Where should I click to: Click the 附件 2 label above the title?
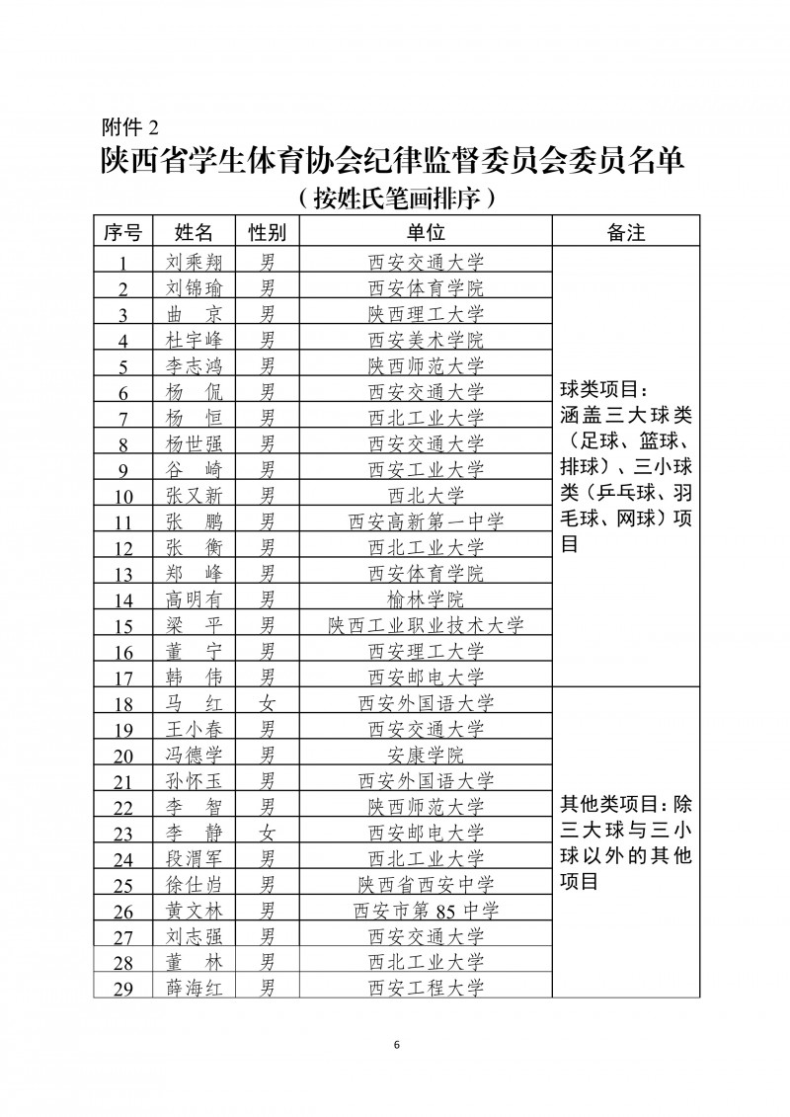130,127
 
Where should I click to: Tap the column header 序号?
123,232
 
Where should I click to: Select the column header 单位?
426,232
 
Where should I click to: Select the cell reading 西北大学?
426,495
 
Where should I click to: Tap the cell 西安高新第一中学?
426,520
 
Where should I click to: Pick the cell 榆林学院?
426,598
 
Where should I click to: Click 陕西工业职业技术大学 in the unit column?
426,624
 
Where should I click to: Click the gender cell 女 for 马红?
267,703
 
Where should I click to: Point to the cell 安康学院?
426,755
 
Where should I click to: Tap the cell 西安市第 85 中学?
426,910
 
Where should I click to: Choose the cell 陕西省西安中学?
426,884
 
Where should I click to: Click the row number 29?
123,987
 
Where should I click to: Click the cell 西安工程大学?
426,987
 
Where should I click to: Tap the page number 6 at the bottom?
395,1046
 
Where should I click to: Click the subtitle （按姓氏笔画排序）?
395,199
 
